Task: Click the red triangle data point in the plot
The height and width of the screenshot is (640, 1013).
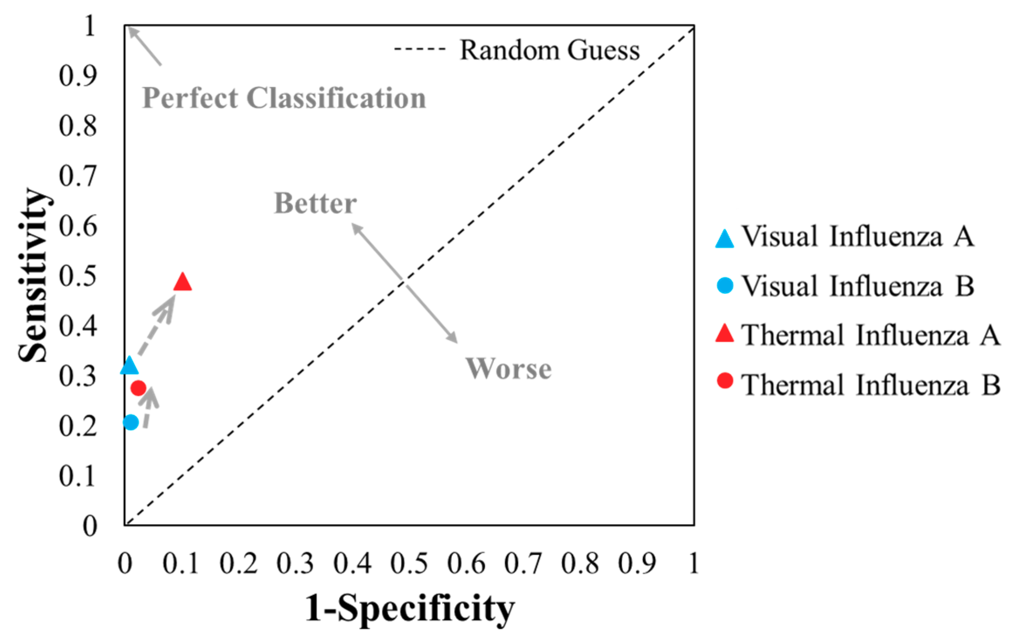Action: pos(182,282)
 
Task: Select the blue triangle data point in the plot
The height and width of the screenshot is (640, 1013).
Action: pos(129,366)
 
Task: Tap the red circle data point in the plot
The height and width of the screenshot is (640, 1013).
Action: pos(138,387)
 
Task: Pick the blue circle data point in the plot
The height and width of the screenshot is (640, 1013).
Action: pos(131,422)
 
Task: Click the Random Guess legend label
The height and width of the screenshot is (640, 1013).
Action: pos(550,50)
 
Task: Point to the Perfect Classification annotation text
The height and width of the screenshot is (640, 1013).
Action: pos(284,98)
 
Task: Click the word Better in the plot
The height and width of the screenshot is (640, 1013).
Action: pos(315,203)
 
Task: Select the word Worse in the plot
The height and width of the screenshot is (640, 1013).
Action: pos(508,369)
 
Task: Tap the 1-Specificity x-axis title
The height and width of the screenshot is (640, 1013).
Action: pos(410,609)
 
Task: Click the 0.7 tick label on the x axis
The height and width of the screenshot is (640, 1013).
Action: pos(523,563)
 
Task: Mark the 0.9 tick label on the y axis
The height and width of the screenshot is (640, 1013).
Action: pos(78,76)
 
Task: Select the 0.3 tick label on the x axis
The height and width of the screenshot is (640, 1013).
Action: pos(295,563)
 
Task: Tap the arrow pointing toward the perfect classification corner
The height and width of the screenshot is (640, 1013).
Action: pos(145,46)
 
